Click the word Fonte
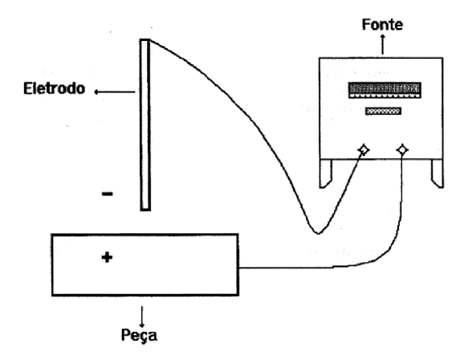(x=382, y=24)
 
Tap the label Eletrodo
(x=54, y=88)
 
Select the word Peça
(x=139, y=335)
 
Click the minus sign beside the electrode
(x=107, y=194)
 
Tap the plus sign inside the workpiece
(x=107, y=257)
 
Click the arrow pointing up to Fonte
(x=383, y=44)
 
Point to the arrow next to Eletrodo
(x=115, y=92)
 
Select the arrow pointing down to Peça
(x=142, y=317)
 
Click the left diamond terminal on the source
(x=364, y=150)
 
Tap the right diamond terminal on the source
(x=402, y=150)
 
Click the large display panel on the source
(x=385, y=90)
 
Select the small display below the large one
(x=383, y=111)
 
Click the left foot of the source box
(x=326, y=174)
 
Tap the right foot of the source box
(x=437, y=174)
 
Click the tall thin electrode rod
(x=145, y=125)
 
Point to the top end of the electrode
(x=144, y=39)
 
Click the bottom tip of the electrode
(x=145, y=210)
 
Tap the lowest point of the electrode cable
(x=318, y=234)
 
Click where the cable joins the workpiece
(x=238, y=268)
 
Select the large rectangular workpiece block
(x=145, y=264)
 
